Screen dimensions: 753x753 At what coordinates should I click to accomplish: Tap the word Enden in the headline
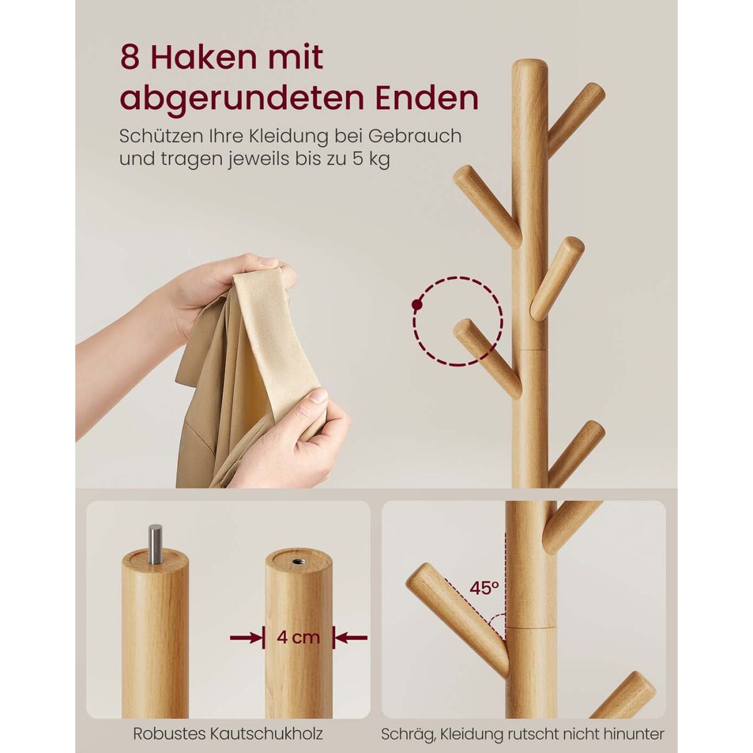(x=427, y=99)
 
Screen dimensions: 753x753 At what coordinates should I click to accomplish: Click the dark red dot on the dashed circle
(x=417, y=305)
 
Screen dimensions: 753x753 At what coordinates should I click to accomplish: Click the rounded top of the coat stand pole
(x=530, y=66)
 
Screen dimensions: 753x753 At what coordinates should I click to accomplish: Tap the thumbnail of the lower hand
(x=319, y=396)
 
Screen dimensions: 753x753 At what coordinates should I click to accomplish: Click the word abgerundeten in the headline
(x=242, y=99)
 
